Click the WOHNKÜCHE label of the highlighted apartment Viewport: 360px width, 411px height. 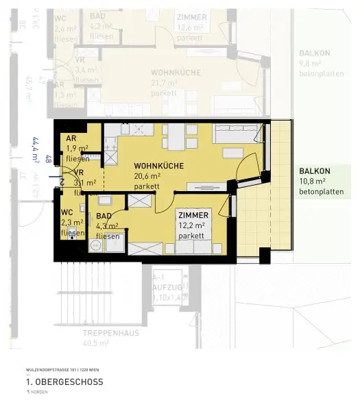click(x=159, y=166)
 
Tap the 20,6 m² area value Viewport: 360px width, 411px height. click(x=147, y=176)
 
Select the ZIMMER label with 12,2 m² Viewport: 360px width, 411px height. click(x=193, y=214)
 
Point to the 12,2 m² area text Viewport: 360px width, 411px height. click(x=192, y=225)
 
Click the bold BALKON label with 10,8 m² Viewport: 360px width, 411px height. click(x=315, y=171)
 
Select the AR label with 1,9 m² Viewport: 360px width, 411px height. click(x=71, y=138)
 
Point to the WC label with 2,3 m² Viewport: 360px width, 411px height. click(x=67, y=212)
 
